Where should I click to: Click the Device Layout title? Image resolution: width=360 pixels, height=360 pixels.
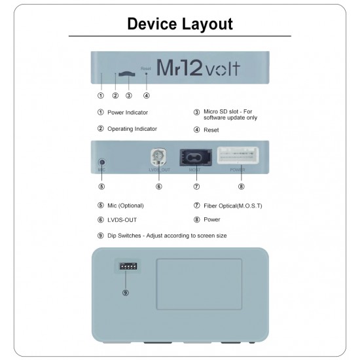click(x=179, y=24)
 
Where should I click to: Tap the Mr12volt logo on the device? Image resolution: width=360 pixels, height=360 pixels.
click(x=199, y=67)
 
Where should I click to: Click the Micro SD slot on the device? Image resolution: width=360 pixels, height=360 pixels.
click(x=128, y=73)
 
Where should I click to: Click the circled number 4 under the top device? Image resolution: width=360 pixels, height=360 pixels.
click(x=146, y=96)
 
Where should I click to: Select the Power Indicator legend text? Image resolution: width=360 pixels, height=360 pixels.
click(x=127, y=113)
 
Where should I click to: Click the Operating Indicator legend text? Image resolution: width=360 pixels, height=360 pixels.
click(x=132, y=129)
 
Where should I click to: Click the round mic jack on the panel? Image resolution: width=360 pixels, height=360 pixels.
click(x=101, y=162)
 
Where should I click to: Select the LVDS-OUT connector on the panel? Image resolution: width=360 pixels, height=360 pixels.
click(x=158, y=158)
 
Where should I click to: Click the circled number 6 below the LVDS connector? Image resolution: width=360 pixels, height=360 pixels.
click(x=158, y=187)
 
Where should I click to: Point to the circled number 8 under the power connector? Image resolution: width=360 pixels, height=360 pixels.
click(x=241, y=187)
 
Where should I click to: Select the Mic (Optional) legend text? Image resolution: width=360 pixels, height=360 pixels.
click(x=125, y=206)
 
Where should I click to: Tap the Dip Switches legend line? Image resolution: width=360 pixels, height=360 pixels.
click(x=166, y=236)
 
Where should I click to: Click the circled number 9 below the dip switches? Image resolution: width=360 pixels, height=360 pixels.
click(x=126, y=292)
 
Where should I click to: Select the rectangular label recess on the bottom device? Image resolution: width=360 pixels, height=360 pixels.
click(x=199, y=283)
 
